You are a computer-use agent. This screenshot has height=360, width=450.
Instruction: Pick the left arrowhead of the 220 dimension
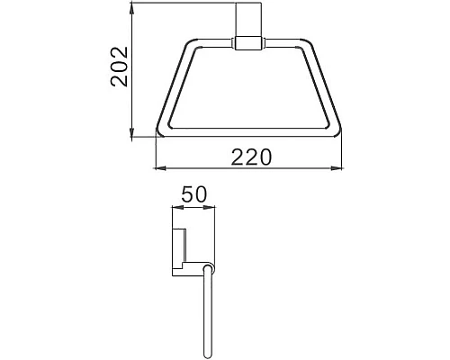(160, 168)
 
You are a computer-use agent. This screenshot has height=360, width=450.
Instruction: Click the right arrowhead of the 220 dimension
(340, 168)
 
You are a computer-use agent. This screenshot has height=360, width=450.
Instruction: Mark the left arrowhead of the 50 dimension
(174, 207)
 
